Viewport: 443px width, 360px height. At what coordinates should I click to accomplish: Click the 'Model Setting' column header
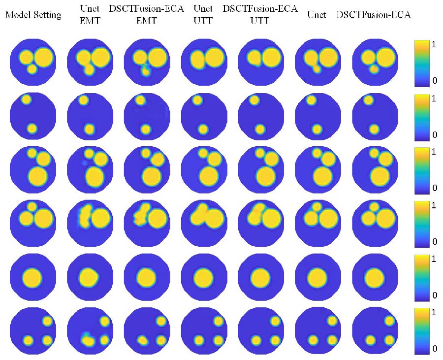(x=33, y=15)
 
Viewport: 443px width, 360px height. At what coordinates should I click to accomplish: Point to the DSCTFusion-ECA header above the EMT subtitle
(x=147, y=9)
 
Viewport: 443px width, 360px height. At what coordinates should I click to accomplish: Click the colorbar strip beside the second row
(x=423, y=115)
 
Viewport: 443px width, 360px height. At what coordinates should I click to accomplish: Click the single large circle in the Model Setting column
(x=32, y=278)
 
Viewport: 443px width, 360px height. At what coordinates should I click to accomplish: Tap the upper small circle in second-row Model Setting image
(x=26, y=99)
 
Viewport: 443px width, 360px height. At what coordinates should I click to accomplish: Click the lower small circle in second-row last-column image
(x=375, y=129)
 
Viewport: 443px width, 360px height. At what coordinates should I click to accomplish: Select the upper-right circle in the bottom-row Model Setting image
(x=47, y=321)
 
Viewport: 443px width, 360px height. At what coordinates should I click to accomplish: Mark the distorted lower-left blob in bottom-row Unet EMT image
(x=87, y=339)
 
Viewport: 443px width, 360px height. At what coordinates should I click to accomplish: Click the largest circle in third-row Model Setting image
(x=36, y=175)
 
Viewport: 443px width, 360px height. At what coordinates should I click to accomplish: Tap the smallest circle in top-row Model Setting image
(x=32, y=69)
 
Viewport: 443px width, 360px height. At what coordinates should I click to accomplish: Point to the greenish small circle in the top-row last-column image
(x=374, y=69)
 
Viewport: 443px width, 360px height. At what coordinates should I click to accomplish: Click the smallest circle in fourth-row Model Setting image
(x=32, y=206)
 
